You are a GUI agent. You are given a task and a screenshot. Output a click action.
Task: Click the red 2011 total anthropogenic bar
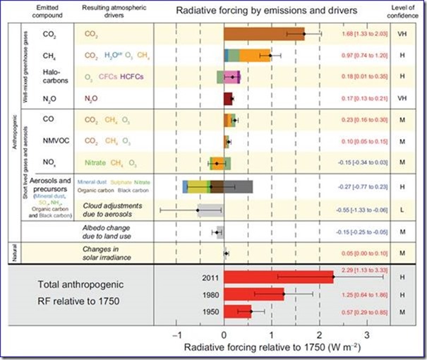point(279,277)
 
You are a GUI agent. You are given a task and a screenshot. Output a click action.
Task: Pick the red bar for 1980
point(254,294)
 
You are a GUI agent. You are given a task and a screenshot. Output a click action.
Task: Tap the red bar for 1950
point(238,311)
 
